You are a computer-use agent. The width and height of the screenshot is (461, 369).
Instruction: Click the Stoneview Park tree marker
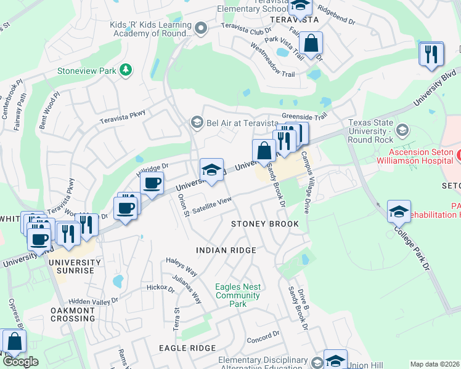pyautogui.click(x=126, y=70)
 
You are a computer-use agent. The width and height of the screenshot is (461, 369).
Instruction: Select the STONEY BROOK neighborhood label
pyautogui.click(x=264, y=224)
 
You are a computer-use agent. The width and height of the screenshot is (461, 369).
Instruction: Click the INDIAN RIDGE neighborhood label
pyautogui.click(x=226, y=250)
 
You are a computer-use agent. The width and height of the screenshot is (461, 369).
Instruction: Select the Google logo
pyautogui.click(x=20, y=362)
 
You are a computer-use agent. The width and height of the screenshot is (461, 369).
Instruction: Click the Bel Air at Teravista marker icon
pyautogui.click(x=197, y=122)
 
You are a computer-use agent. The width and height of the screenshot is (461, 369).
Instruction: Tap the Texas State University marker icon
pyautogui.click(x=402, y=130)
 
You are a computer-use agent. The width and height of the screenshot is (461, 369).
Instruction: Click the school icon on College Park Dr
pyautogui.click(x=399, y=212)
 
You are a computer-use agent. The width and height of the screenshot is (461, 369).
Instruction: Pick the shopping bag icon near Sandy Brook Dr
pyautogui.click(x=264, y=150)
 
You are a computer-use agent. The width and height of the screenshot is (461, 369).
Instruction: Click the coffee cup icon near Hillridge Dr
pyautogui.click(x=152, y=183)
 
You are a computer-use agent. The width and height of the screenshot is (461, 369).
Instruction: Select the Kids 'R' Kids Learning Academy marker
pyautogui.click(x=201, y=28)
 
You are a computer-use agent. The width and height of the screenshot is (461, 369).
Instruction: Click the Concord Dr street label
pyautogui.click(x=263, y=338)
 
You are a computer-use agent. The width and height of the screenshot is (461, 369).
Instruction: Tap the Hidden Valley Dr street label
pyautogui.click(x=93, y=301)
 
